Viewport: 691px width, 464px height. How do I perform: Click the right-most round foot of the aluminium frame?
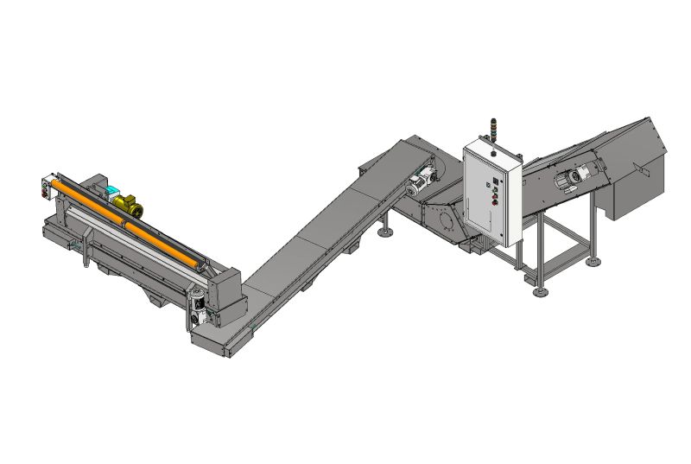(x=592, y=262)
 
